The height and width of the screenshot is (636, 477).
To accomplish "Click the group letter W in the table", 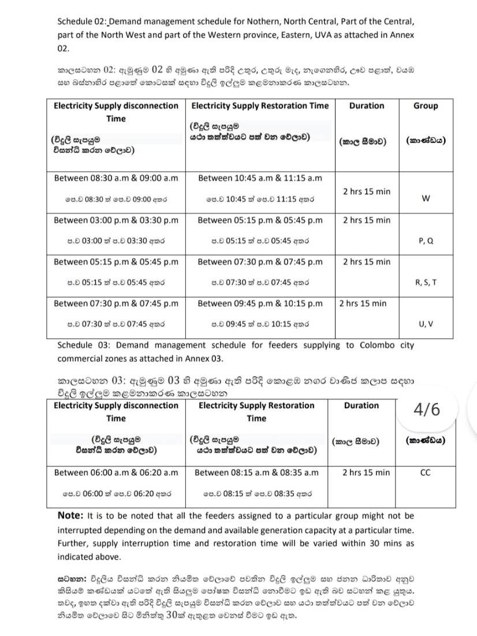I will pyautogui.click(x=426, y=198).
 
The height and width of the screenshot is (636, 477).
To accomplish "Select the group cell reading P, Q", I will pyautogui.click(x=426, y=241).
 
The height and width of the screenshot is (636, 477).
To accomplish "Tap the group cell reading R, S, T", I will pyautogui.click(x=426, y=282).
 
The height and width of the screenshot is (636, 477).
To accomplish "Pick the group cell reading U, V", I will pyautogui.click(x=426, y=324).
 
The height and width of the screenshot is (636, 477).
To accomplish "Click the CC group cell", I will pyautogui.click(x=425, y=472).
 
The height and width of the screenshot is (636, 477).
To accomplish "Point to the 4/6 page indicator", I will pyautogui.click(x=427, y=409).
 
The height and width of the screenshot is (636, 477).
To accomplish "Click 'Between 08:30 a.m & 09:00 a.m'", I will pyautogui.click(x=116, y=178).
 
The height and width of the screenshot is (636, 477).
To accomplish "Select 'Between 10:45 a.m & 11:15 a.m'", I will pyautogui.click(x=260, y=178).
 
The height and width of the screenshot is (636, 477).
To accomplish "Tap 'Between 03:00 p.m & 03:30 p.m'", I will pyautogui.click(x=116, y=220).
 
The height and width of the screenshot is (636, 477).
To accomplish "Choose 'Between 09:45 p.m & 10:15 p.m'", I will pyautogui.click(x=260, y=304).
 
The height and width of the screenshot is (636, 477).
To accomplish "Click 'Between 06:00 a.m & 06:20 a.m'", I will pyautogui.click(x=116, y=472).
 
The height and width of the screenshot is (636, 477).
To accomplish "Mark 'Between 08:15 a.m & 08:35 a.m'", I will pyautogui.click(x=256, y=472).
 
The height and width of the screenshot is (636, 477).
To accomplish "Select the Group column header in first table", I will pyautogui.click(x=426, y=106).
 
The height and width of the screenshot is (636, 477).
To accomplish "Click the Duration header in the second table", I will pyautogui.click(x=361, y=406).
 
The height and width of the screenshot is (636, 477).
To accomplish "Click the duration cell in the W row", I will pyautogui.click(x=367, y=191).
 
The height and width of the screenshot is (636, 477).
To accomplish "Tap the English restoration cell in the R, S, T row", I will pyautogui.click(x=260, y=262).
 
